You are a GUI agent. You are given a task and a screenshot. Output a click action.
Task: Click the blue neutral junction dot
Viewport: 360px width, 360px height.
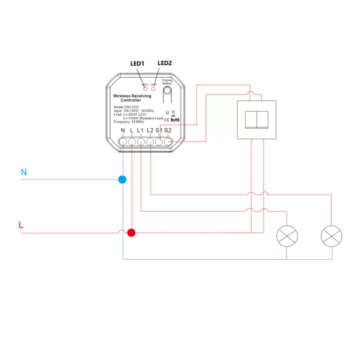coord(122,179)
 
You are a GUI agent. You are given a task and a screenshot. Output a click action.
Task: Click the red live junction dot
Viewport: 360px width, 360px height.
coord(132,232)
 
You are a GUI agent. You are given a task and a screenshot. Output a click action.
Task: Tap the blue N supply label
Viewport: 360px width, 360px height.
coord(23,172)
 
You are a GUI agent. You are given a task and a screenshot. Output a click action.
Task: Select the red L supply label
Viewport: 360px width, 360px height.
coord(21,225)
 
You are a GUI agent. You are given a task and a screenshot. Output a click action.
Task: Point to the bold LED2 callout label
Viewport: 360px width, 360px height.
coord(165,63)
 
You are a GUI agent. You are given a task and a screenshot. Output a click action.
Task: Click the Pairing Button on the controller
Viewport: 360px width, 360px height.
coord(168,93)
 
